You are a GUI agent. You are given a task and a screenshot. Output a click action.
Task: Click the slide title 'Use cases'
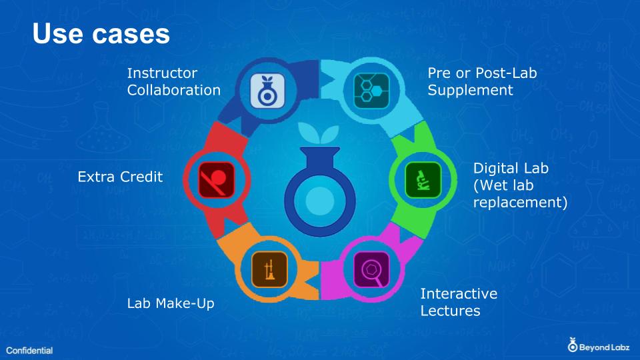point(101,33)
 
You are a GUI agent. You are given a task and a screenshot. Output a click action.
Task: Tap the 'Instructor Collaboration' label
point(174,81)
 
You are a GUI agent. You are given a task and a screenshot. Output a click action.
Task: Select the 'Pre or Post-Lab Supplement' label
point(482,81)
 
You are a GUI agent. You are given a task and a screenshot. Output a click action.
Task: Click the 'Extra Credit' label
point(120,177)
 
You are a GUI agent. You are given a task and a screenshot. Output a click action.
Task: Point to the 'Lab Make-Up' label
point(171,304)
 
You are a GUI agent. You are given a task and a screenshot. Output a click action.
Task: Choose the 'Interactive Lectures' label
point(459,302)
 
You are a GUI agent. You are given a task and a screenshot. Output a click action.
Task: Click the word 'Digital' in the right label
point(492,169)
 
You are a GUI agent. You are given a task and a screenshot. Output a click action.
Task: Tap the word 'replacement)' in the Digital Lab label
point(521,203)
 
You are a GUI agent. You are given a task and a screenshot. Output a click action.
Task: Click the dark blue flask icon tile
point(267,91)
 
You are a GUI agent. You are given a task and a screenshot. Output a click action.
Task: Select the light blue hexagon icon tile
point(371,91)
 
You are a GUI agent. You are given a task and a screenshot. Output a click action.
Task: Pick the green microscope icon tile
point(423,180)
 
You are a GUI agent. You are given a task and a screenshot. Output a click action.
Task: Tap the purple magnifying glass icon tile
point(371,270)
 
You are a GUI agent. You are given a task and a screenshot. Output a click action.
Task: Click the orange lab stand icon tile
point(269,270)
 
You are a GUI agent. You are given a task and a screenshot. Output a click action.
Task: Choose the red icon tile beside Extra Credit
point(216,180)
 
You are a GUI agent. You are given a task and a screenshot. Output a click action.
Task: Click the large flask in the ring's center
point(319,192)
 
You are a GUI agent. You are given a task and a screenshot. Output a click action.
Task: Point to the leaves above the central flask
point(319,132)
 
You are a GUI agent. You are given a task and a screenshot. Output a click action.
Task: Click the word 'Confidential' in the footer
point(29,351)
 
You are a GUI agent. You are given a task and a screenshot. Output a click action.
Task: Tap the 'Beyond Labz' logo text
point(604,348)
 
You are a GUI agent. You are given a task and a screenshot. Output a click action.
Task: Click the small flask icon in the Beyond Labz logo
point(573,345)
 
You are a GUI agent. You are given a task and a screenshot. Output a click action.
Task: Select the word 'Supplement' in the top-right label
point(470,90)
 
